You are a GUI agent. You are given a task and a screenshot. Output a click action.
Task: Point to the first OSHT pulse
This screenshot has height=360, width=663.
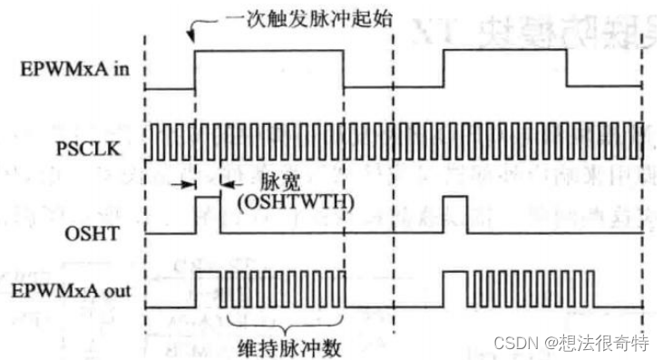(208, 214)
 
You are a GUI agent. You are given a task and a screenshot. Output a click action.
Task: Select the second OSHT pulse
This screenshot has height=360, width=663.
(454, 214)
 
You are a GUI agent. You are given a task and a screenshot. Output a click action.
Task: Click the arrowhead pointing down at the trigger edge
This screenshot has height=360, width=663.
(192, 38)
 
